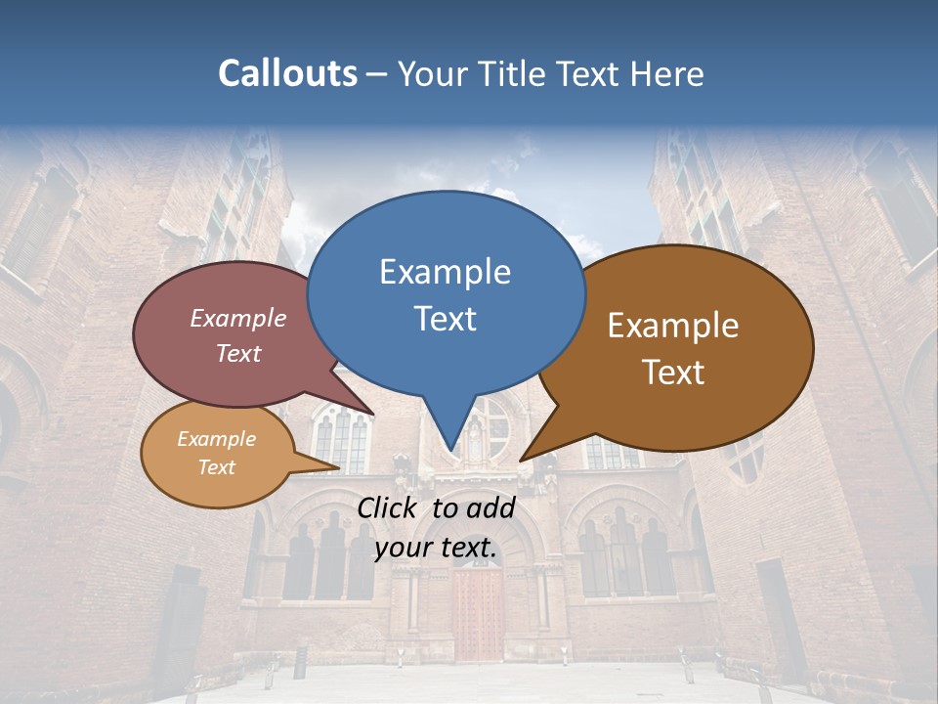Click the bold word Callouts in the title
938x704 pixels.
pos(287,73)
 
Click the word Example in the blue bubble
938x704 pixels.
pos(445,272)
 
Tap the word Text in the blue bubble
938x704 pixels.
pos(445,319)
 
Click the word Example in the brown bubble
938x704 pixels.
pos(673,326)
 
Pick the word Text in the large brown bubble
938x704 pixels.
pos(673,373)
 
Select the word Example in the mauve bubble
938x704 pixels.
pos(237,318)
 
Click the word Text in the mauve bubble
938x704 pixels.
pos(237,353)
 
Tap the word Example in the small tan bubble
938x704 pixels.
pos(216,439)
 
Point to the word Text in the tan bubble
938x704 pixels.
pos(216,467)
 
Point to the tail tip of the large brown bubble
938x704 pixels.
pos(521,460)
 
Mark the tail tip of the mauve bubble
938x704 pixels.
pos(372,414)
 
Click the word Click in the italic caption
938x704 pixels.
pos(389,507)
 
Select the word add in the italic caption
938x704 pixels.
pos(490,507)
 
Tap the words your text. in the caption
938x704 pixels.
pos(436,548)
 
